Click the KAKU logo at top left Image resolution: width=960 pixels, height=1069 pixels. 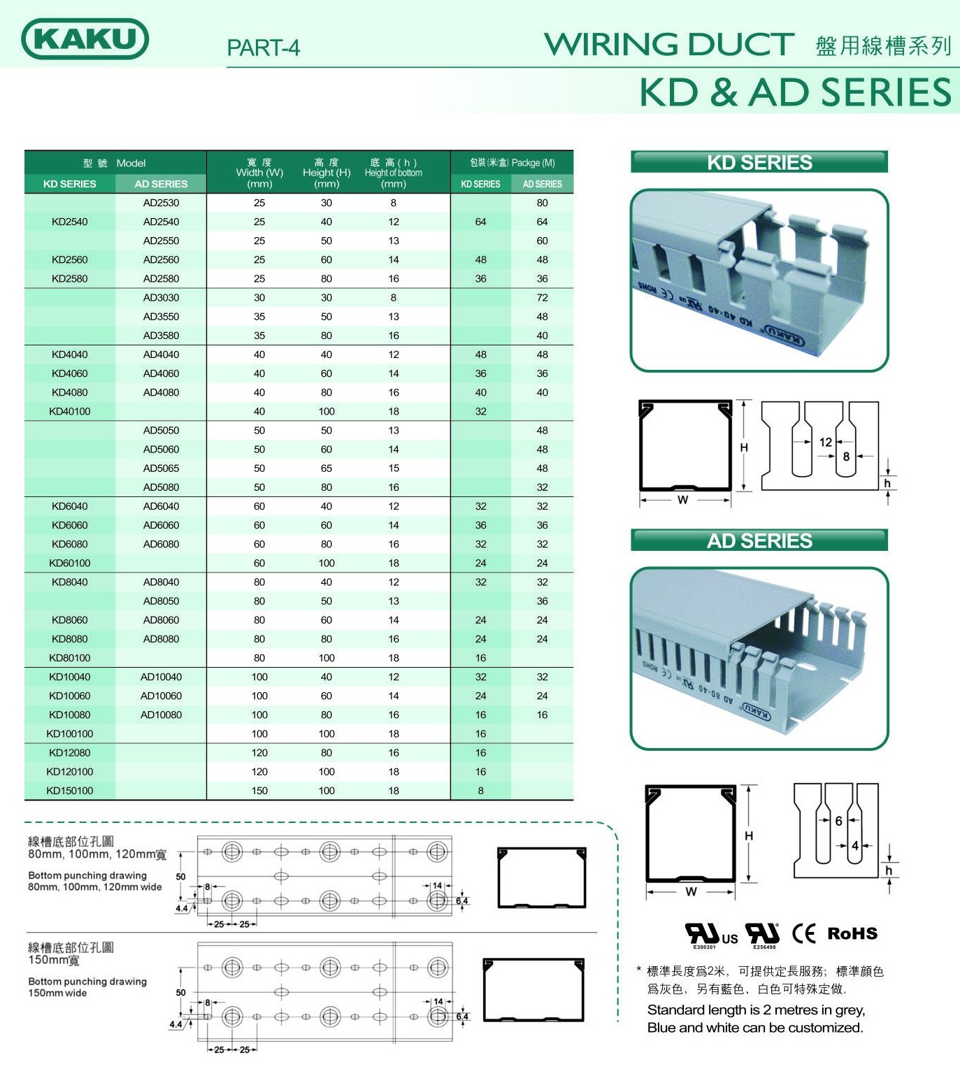(x=85, y=38)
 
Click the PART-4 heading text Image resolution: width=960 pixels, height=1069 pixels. (x=263, y=48)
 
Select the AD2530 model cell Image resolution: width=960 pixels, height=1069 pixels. (x=161, y=203)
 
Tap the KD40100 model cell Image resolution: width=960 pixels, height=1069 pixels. (x=70, y=411)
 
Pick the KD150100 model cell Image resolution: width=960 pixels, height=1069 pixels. (x=70, y=791)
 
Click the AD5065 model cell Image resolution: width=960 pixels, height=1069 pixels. (x=161, y=468)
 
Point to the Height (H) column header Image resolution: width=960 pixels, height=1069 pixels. (x=327, y=173)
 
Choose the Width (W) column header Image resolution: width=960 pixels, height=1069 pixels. (x=259, y=173)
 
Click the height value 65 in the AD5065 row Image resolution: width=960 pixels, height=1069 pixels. (x=327, y=468)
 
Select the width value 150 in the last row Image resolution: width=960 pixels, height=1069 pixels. (x=259, y=791)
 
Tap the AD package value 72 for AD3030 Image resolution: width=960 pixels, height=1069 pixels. (x=542, y=298)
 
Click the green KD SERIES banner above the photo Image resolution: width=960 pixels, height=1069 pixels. (x=759, y=162)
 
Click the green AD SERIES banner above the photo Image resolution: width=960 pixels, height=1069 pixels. (x=759, y=540)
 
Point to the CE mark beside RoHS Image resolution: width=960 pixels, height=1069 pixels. (x=804, y=933)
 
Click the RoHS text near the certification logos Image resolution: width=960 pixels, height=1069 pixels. (x=852, y=933)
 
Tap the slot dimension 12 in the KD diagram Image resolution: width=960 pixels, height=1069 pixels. (x=826, y=442)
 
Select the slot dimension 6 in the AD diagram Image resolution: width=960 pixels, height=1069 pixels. (x=838, y=821)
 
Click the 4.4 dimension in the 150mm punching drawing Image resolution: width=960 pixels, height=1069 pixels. (x=175, y=1024)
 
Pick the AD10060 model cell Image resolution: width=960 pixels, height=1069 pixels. (x=161, y=696)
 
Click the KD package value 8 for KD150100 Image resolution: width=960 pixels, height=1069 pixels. (x=480, y=791)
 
